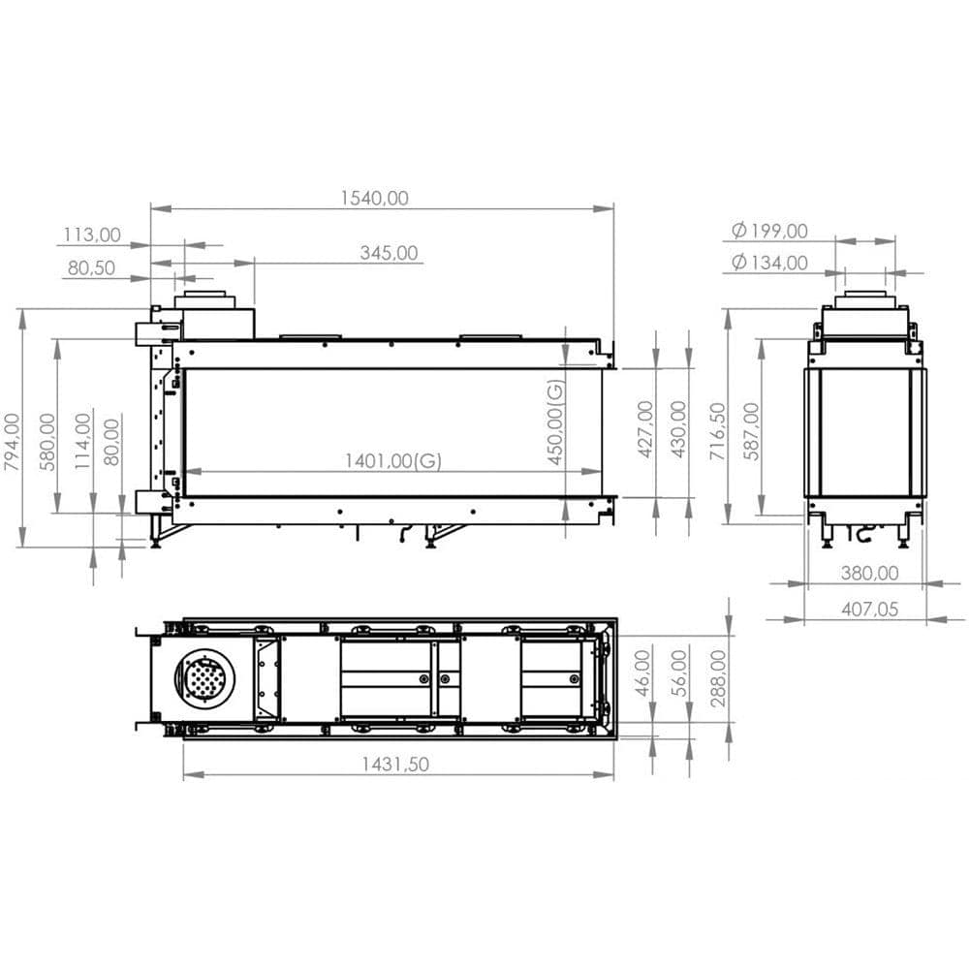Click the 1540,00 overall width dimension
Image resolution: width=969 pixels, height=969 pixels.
[374, 198]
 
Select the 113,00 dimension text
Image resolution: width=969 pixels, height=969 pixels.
[92, 234]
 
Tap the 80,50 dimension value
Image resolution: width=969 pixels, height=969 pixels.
[92, 268]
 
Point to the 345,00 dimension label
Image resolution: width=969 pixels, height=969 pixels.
[389, 253]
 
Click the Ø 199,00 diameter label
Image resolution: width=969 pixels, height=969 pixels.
[770, 231]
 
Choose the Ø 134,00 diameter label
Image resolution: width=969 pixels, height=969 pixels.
[770, 262]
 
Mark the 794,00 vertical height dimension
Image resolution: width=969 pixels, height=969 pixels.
[12, 442]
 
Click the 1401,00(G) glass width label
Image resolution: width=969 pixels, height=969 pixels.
[392, 461]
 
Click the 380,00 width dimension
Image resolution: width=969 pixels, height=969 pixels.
[869, 573]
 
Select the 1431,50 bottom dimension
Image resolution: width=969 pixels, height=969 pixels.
[395, 764]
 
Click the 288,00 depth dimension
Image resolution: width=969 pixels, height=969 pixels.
[718, 678]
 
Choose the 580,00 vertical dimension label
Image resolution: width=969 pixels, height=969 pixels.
[47, 442]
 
